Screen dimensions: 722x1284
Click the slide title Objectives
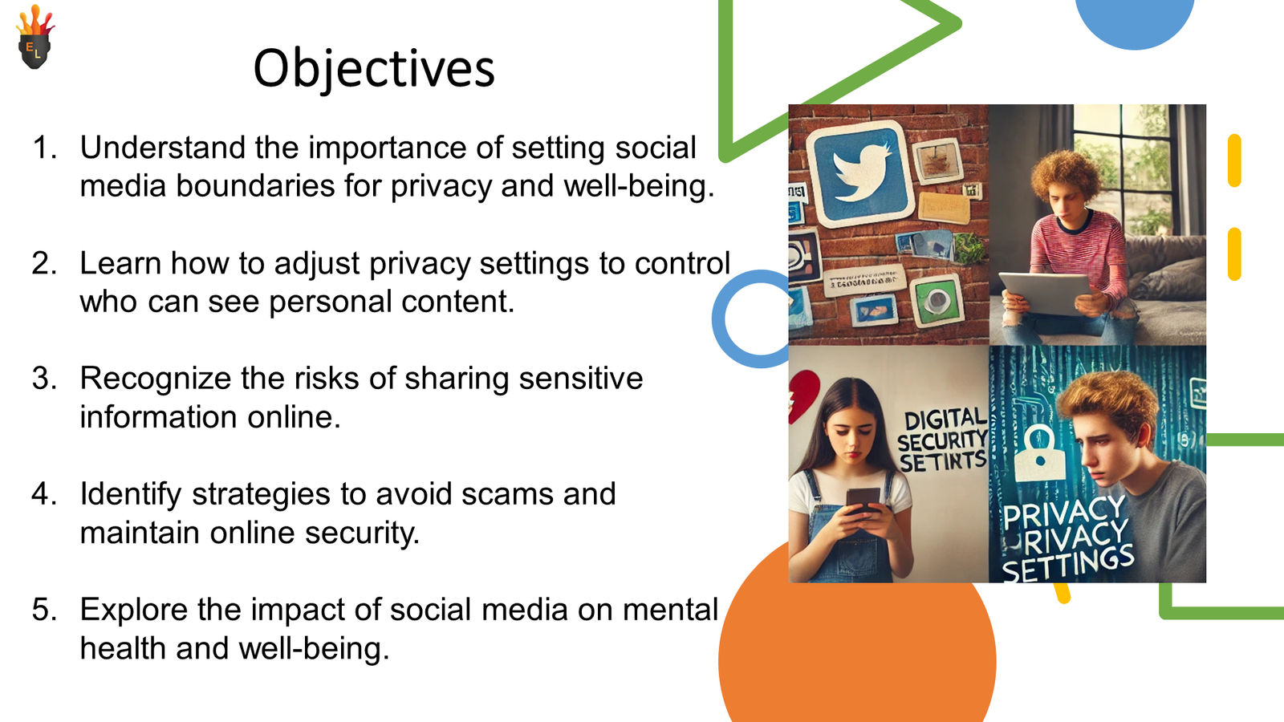click(x=374, y=68)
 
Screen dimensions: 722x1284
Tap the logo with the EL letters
click(x=35, y=40)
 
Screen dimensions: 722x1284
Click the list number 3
click(x=43, y=379)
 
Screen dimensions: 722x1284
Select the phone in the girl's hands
click(x=863, y=501)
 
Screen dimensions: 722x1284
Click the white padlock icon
click(x=1039, y=453)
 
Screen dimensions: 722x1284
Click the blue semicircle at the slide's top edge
click(x=1134, y=20)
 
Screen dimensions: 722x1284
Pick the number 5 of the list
click(x=43, y=610)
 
